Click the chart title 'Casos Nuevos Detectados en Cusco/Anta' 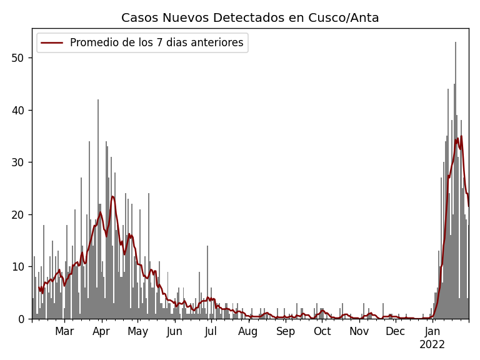coord(250,18)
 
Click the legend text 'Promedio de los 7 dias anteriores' coord(156,43)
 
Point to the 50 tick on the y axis coord(21,58)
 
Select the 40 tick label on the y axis coord(21,110)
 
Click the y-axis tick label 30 coord(21,162)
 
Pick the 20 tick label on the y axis coord(21,214)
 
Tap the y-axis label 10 coord(21,267)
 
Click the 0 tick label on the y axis coord(23,319)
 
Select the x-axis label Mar coord(64,331)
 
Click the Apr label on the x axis coord(101,331)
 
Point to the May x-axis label coord(137,331)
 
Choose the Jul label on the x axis coord(211,331)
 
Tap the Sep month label coord(285,331)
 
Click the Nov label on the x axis coord(359,331)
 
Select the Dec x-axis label coord(395,331)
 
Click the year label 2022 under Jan coord(432,344)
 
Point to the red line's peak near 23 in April coord(112,197)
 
